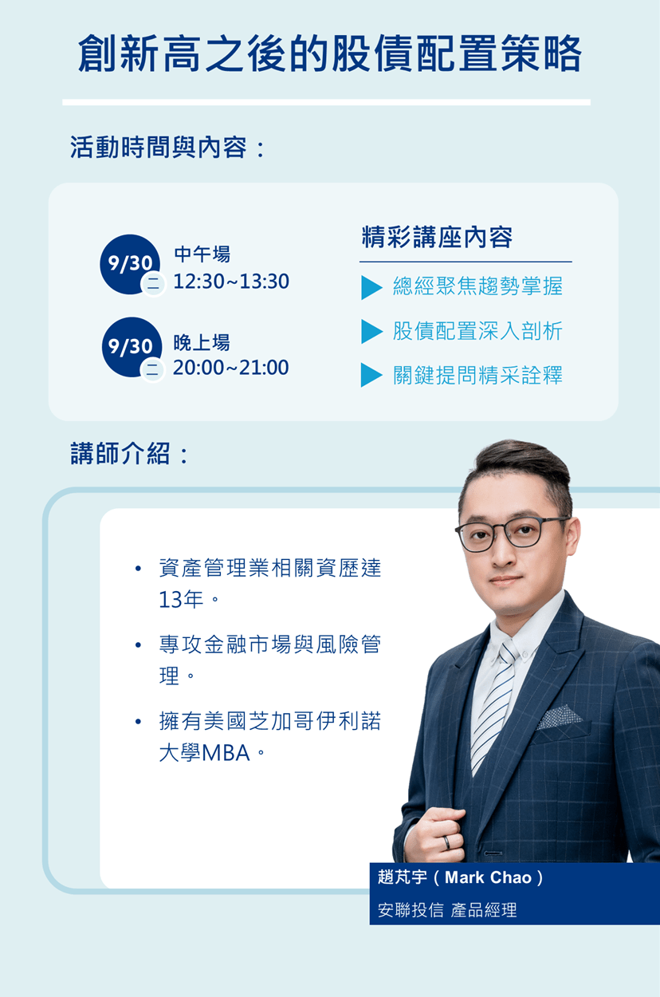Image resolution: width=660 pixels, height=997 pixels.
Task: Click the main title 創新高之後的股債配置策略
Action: (x=329, y=54)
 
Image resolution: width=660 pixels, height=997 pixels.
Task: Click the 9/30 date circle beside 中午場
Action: (x=130, y=264)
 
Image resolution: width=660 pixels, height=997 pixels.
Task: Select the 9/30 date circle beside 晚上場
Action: (x=132, y=347)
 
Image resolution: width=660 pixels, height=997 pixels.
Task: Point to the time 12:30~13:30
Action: (x=231, y=282)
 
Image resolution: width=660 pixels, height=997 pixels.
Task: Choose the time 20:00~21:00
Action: (x=231, y=367)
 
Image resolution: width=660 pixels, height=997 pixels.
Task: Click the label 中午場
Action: (x=202, y=254)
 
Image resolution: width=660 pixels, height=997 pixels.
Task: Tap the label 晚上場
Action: (x=202, y=342)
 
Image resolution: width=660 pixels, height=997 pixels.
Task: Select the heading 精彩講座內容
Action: (x=437, y=237)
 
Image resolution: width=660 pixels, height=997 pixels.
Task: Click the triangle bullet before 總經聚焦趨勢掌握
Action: (x=371, y=287)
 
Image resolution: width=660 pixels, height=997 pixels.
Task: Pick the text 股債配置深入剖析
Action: (x=477, y=331)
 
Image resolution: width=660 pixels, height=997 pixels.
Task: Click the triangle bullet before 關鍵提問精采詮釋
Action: (x=371, y=375)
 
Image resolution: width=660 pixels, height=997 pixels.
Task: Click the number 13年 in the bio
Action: (x=181, y=599)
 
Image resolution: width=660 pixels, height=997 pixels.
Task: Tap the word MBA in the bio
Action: (x=226, y=753)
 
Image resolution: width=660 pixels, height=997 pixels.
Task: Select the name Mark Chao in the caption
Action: (x=488, y=877)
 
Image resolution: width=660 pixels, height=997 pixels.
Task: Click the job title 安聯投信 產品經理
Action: (x=447, y=910)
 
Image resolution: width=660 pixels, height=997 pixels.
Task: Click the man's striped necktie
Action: (x=493, y=707)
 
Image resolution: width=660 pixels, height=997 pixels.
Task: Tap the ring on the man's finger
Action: (x=446, y=841)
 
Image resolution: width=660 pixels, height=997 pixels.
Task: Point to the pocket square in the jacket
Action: (x=559, y=717)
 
